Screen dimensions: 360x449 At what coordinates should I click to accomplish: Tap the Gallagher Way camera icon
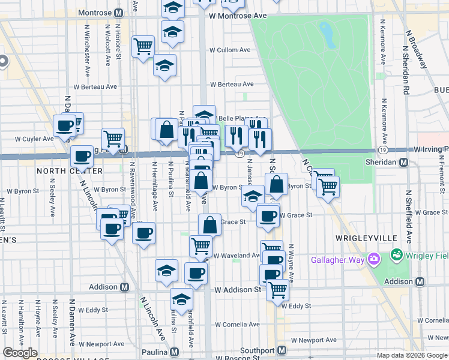[x=374, y=259]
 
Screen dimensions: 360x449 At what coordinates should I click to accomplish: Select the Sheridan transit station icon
[x=404, y=163]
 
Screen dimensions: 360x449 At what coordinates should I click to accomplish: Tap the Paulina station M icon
[x=175, y=352]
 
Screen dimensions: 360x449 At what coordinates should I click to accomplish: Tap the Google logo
[x=20, y=353]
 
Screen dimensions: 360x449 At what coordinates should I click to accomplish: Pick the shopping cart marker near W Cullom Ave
[x=143, y=46]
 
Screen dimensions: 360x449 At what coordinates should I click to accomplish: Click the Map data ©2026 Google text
[x=412, y=355]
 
